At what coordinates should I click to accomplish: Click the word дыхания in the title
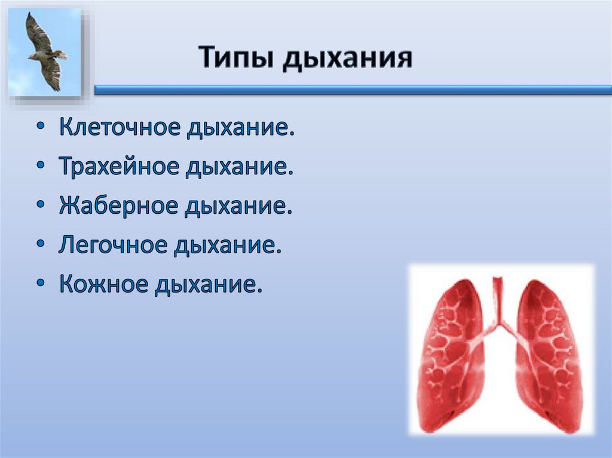point(347,60)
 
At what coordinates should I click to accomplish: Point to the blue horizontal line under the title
point(353,90)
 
